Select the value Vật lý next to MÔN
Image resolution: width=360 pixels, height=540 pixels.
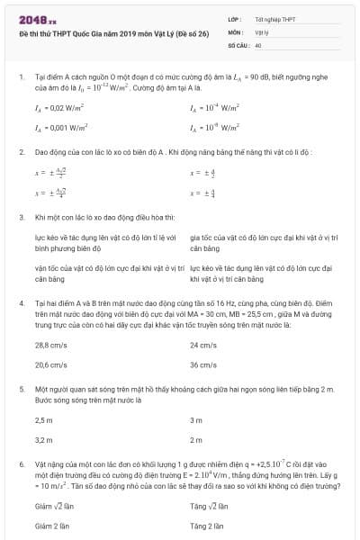click(259, 31)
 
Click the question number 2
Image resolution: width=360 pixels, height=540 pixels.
click(22, 151)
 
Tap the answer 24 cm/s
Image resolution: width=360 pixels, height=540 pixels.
click(203, 345)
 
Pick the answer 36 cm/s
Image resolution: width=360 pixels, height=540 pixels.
click(203, 365)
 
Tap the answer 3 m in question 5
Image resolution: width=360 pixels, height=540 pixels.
click(196, 420)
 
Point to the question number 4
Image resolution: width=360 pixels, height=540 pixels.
click(22, 303)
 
